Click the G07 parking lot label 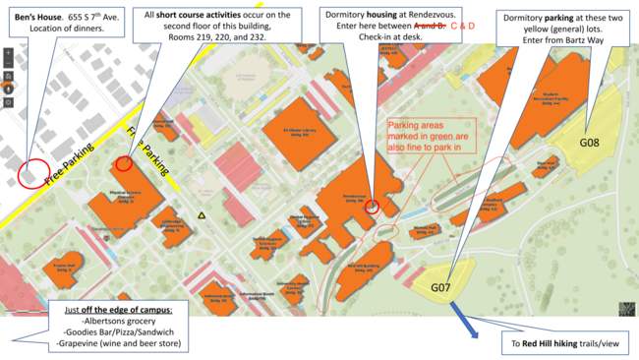(x=439, y=287)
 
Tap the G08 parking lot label (x=589, y=142)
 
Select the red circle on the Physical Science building (x=124, y=163)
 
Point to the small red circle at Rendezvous (x=372, y=206)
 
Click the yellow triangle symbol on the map (x=202, y=215)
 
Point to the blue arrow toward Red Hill (x=462, y=320)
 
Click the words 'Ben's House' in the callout (x=35, y=19)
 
